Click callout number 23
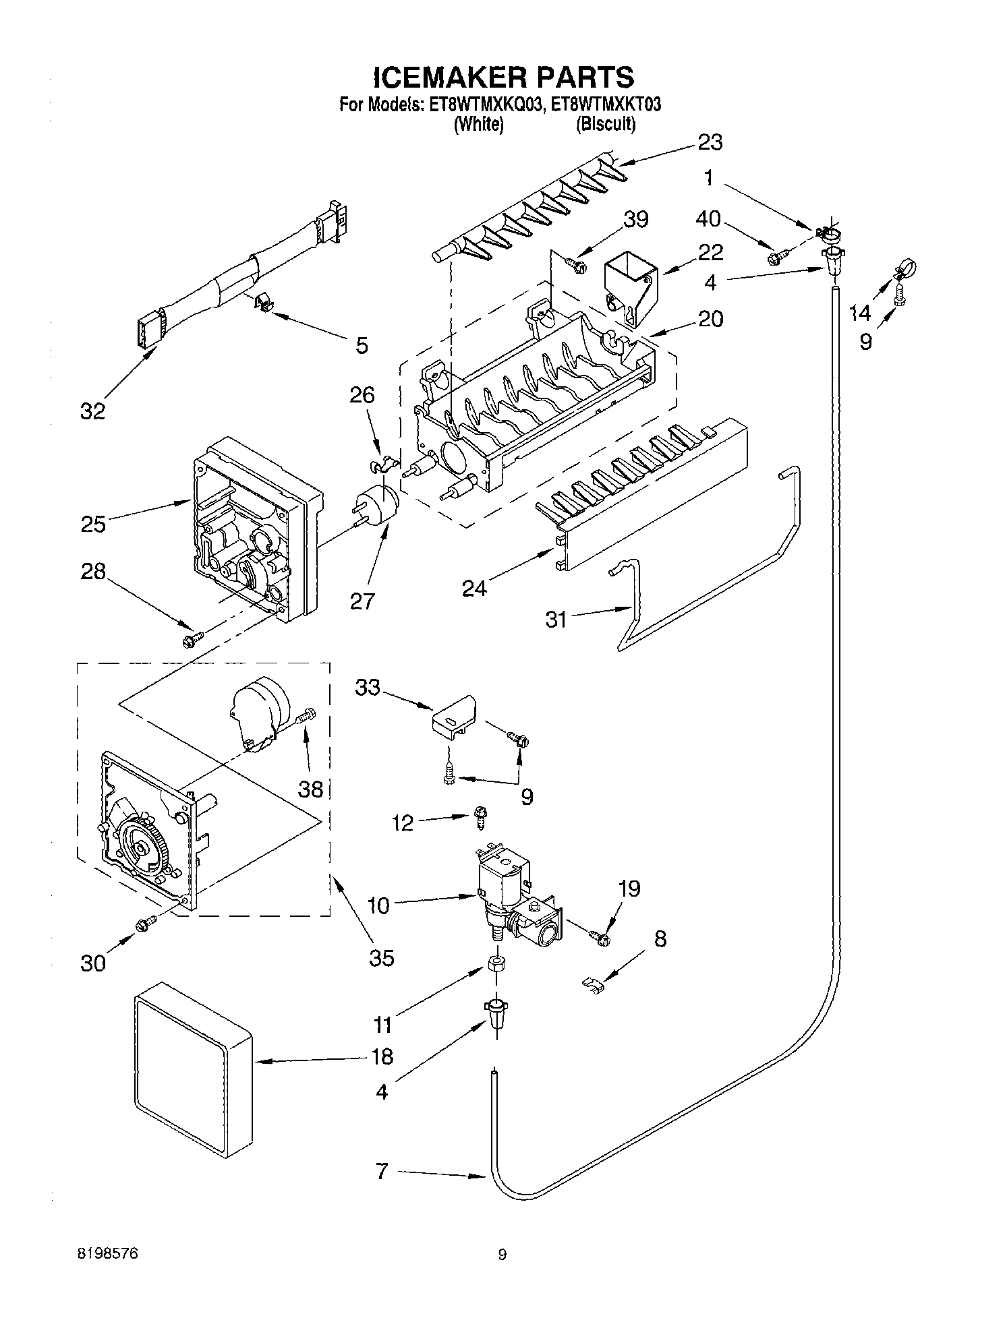(x=709, y=142)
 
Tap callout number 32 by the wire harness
(x=93, y=411)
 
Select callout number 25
(x=93, y=524)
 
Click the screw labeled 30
(x=145, y=926)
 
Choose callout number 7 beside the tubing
(x=382, y=1172)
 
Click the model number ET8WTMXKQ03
(x=481, y=105)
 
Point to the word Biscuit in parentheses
(x=606, y=124)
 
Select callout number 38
(x=311, y=788)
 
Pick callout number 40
(x=708, y=219)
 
